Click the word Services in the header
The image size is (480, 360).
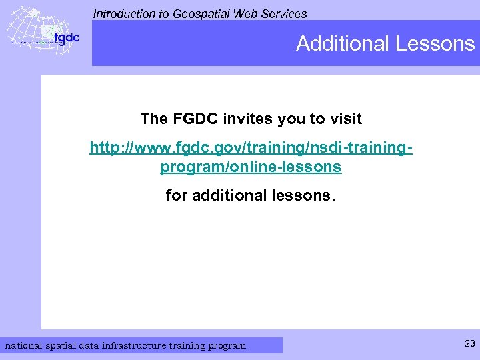coord(285,13)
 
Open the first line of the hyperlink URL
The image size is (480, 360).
coord(251,147)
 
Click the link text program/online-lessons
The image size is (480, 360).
coord(251,167)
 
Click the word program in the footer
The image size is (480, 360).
coord(227,345)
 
